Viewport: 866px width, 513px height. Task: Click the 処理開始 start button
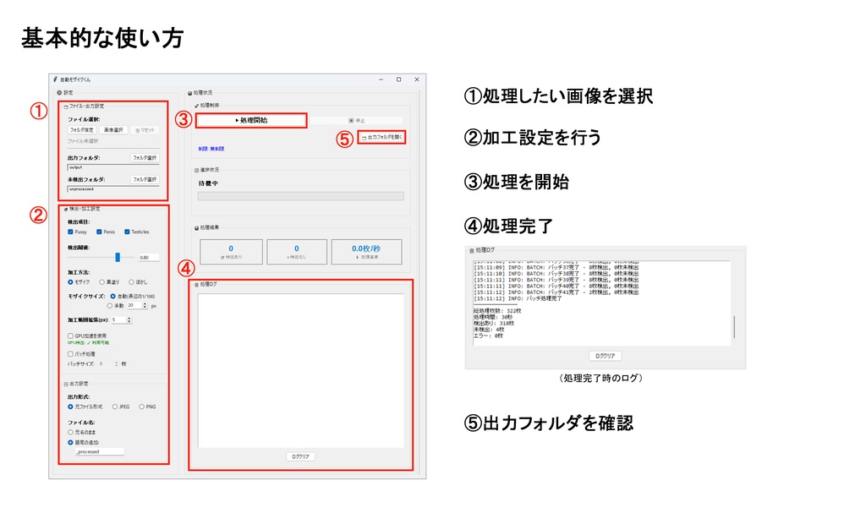point(250,121)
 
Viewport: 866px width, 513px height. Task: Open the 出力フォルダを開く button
point(381,136)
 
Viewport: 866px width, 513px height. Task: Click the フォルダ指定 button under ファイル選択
point(81,130)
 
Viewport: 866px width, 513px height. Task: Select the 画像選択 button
point(113,130)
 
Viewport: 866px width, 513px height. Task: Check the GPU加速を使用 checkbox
point(70,336)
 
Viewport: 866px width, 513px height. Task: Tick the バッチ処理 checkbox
point(70,354)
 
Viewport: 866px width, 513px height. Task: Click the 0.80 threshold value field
point(148,257)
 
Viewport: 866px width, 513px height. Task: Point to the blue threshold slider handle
point(118,257)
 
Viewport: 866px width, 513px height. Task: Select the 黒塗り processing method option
point(103,281)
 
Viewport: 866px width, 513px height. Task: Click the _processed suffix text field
point(99,452)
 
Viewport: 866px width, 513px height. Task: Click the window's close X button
point(416,79)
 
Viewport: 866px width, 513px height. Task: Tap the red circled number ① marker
point(38,111)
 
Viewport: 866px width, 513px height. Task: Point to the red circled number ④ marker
point(187,270)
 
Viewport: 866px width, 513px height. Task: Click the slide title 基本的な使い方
point(101,38)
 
